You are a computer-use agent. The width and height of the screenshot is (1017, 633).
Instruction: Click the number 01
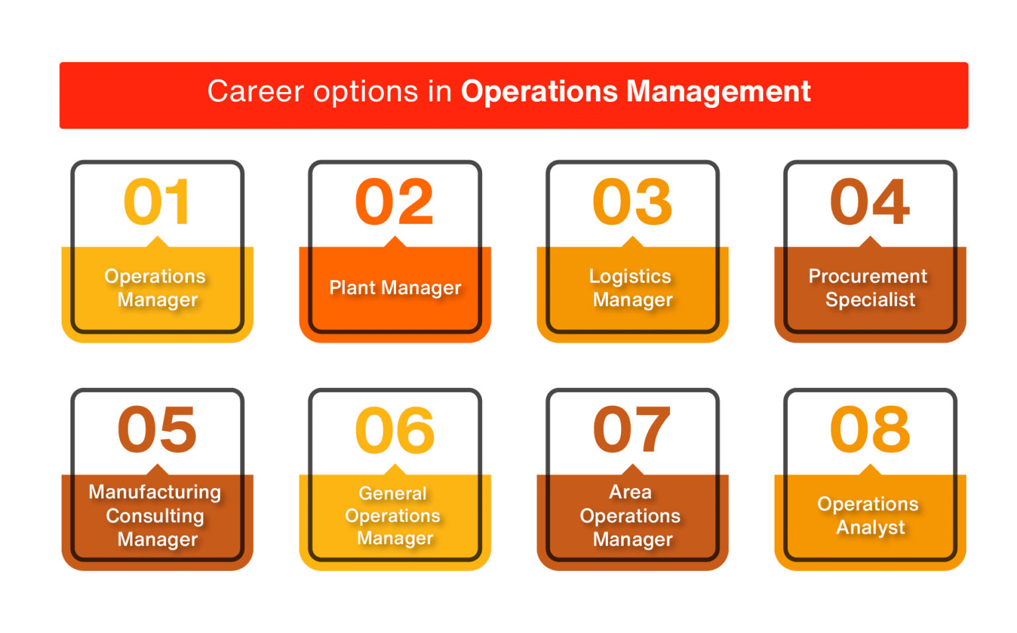[x=158, y=202]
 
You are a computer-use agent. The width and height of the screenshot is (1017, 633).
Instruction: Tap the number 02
[x=395, y=202]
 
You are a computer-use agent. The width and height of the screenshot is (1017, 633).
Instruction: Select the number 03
[x=632, y=202]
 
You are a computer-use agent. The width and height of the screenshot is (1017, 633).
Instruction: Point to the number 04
[x=870, y=202]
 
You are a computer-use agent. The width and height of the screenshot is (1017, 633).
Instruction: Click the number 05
[x=158, y=430]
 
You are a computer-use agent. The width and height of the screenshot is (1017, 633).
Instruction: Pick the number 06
[x=395, y=430]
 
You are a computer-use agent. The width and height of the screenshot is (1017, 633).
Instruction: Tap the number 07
[x=632, y=430]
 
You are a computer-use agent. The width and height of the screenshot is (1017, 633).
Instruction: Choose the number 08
[x=870, y=430]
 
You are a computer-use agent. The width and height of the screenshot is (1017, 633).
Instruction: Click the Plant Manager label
[x=395, y=288]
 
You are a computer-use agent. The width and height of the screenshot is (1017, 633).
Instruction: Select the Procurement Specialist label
[x=869, y=288]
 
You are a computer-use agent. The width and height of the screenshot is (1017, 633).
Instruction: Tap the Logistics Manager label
[x=632, y=288]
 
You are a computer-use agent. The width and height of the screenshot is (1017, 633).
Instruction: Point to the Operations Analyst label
[x=869, y=515]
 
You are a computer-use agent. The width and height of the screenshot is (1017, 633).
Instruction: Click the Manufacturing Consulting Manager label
[x=156, y=516]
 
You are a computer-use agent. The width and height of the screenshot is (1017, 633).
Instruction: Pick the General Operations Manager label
[x=394, y=516]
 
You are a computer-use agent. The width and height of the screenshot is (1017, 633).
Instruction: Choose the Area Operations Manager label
[x=631, y=516]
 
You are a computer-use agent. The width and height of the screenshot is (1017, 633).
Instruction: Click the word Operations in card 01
[x=155, y=276]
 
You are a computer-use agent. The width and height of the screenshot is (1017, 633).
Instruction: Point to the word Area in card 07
[x=630, y=492]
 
